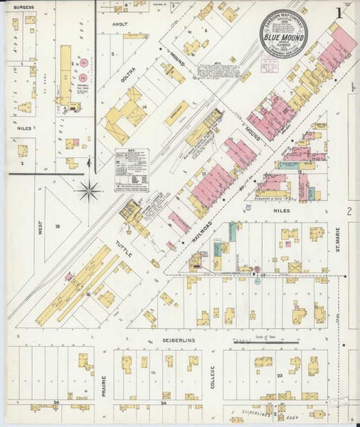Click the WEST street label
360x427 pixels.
point(41,226)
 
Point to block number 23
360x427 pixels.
point(281,374)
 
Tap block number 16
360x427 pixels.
point(88,293)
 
